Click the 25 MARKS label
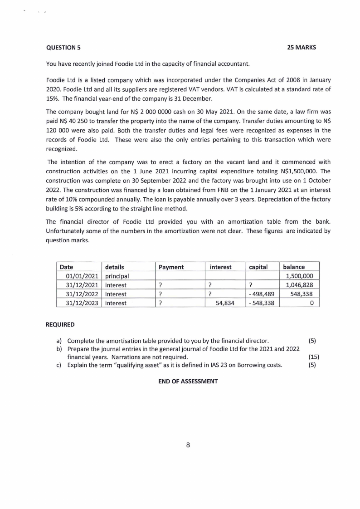[x=302, y=48]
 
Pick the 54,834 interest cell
[x=225, y=303]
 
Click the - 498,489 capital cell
[x=262, y=294]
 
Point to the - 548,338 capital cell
[x=262, y=303]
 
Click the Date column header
[x=67, y=267]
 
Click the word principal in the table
[x=117, y=276]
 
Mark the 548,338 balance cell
[x=305, y=294]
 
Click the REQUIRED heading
[x=60, y=325]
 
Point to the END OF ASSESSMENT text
[x=188, y=381]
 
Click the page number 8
[x=188, y=445]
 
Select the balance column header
[x=294, y=267]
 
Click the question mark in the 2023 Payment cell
[x=160, y=303]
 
